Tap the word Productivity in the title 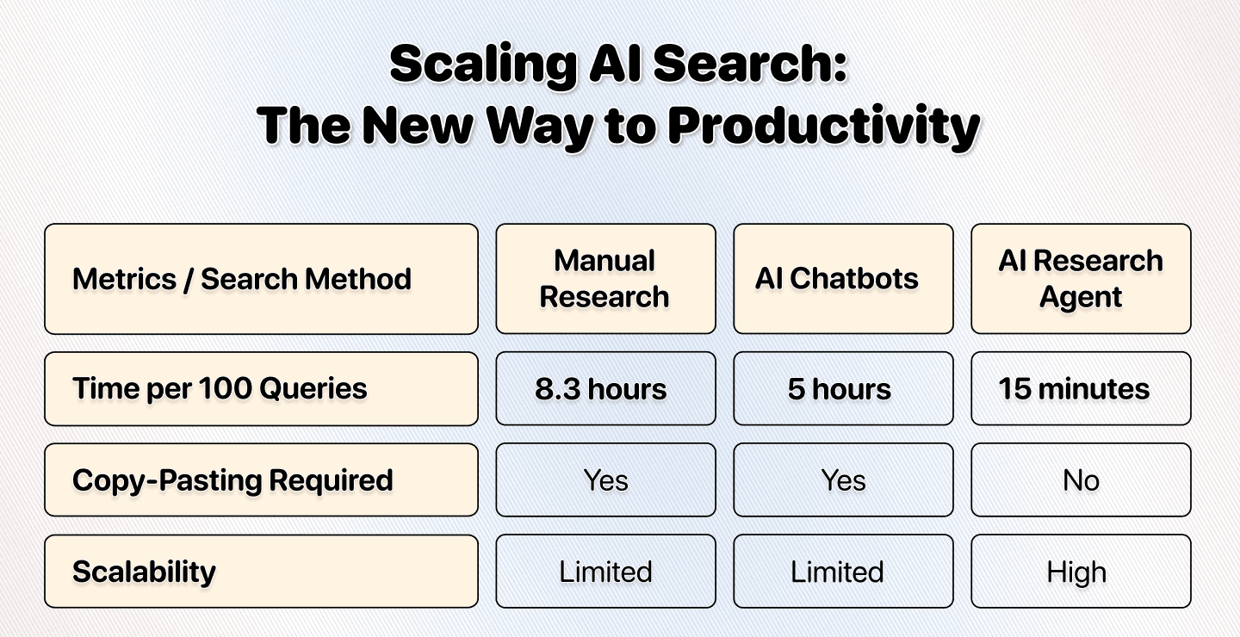823,127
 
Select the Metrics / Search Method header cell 261,279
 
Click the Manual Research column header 605,279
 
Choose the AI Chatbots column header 843,279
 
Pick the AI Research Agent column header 1081,279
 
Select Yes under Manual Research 605,480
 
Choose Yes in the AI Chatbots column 843,480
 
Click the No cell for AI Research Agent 1081,480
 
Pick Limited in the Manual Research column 605,572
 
